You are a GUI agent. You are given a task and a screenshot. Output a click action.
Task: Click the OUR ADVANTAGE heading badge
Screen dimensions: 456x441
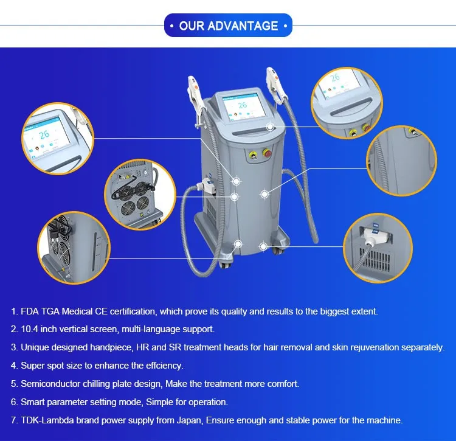[x=228, y=26]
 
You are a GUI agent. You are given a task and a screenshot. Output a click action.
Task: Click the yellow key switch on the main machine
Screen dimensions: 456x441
[x=252, y=155]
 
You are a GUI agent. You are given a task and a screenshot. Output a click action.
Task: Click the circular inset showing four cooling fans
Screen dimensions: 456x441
[x=140, y=194]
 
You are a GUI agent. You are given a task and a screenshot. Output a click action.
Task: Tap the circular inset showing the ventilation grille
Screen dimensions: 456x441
[x=378, y=248]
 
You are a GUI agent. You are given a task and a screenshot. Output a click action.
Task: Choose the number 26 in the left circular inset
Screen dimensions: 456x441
[x=44, y=134]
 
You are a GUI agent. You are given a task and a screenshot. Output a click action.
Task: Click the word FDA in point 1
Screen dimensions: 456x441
[x=30, y=311]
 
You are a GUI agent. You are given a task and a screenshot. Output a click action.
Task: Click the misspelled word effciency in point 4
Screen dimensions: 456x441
[x=165, y=366]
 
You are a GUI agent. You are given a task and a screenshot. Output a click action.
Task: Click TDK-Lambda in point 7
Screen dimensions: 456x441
[x=47, y=420]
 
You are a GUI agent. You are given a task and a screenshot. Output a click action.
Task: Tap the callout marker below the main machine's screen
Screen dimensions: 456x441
[x=270, y=127]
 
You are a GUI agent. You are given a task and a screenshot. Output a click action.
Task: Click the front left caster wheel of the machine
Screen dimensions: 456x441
[x=226, y=264]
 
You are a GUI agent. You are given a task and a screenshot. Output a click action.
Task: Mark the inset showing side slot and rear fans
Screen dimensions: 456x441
[x=74, y=248]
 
